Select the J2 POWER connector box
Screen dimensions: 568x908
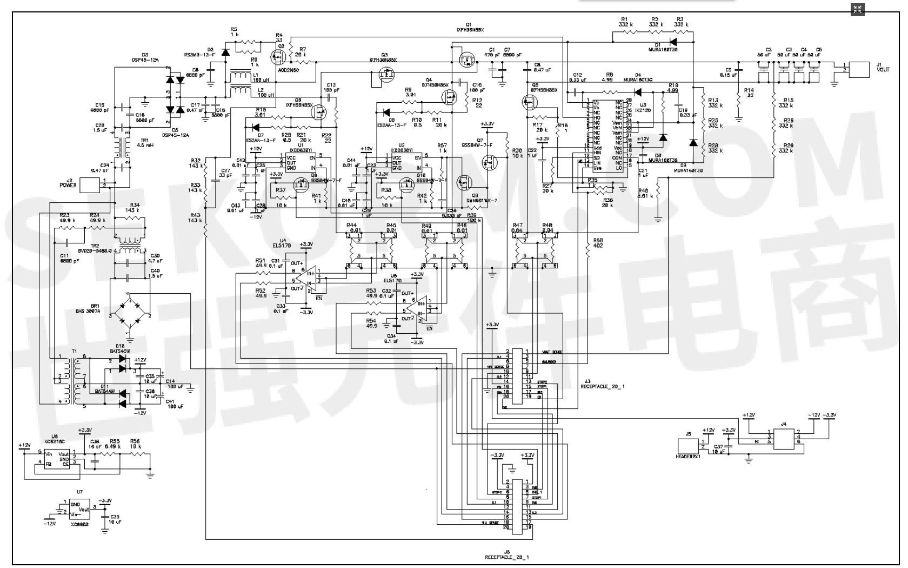90,184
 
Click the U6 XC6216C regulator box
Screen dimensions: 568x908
57,460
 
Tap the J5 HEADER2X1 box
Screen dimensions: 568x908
689,447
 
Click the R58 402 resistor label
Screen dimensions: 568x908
598,243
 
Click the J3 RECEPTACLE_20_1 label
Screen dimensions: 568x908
602,385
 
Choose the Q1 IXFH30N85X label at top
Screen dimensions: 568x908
468,27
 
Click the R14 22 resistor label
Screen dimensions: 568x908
749,93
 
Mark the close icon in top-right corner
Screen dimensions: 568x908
858,9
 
